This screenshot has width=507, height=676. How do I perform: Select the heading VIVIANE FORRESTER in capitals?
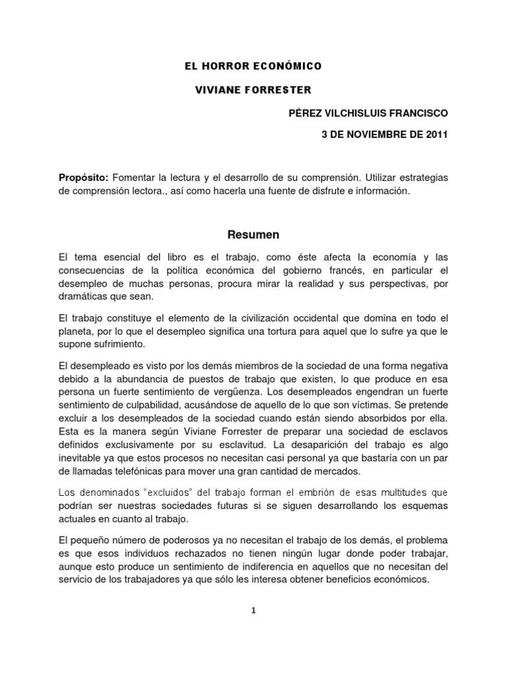click(244, 90)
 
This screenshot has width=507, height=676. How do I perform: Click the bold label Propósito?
click(84, 178)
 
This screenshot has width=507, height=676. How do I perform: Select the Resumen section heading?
click(253, 234)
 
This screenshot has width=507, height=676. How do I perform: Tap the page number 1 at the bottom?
click(253, 611)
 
